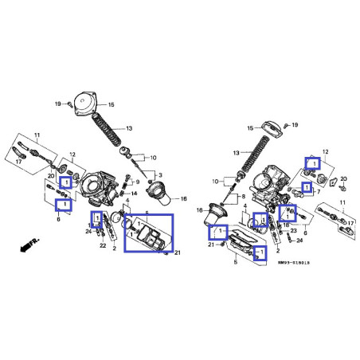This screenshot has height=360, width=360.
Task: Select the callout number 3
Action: pyautogui.click(x=160, y=175)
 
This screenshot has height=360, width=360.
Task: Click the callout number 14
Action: pyautogui.click(x=134, y=193)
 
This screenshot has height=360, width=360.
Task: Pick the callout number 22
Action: pyautogui.click(x=103, y=246)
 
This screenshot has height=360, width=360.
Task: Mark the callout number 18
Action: pyautogui.click(x=284, y=225)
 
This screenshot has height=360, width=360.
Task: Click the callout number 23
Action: pyautogui.click(x=293, y=231)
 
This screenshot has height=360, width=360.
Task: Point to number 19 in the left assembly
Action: pyautogui.click(x=58, y=104)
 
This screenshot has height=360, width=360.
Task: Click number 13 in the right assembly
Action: pyautogui.click(x=235, y=152)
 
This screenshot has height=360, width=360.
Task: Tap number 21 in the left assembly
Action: pyautogui.click(x=178, y=253)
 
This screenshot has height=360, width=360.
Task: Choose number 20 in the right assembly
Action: pyautogui.click(x=342, y=180)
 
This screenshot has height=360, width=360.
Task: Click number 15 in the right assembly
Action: pyautogui.click(x=249, y=127)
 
